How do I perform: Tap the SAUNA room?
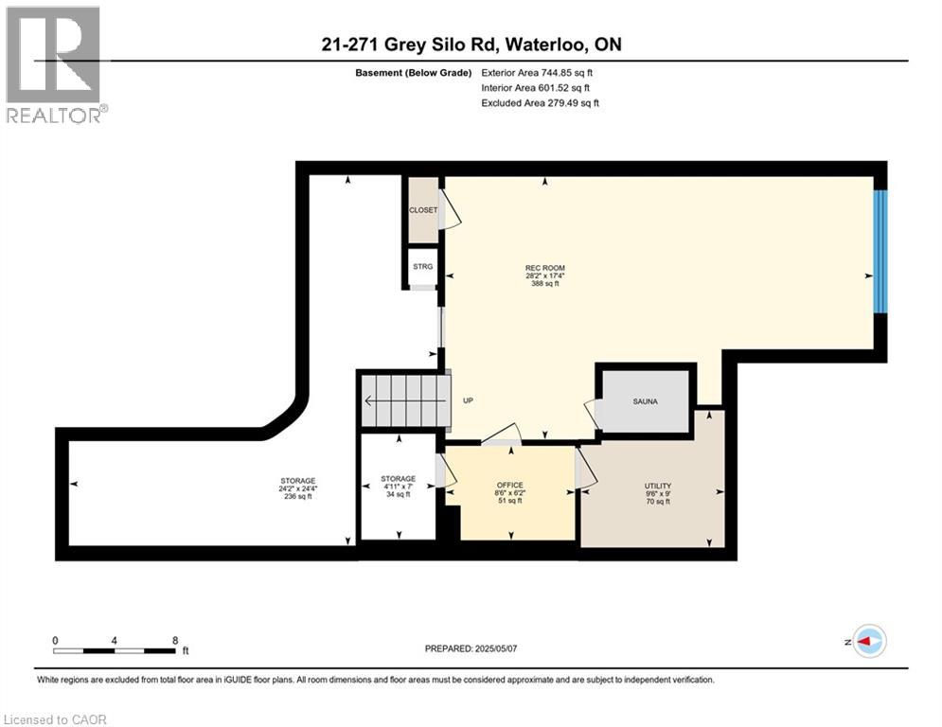tap(646, 401)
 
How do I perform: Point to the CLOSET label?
tap(422, 209)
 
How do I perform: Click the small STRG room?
tap(422, 267)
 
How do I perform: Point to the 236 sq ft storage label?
tap(297, 488)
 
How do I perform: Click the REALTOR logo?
tap(55, 64)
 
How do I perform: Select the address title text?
tap(471, 44)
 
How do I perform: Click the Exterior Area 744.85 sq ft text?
tap(538, 72)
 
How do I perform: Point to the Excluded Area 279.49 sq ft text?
tap(540, 103)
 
